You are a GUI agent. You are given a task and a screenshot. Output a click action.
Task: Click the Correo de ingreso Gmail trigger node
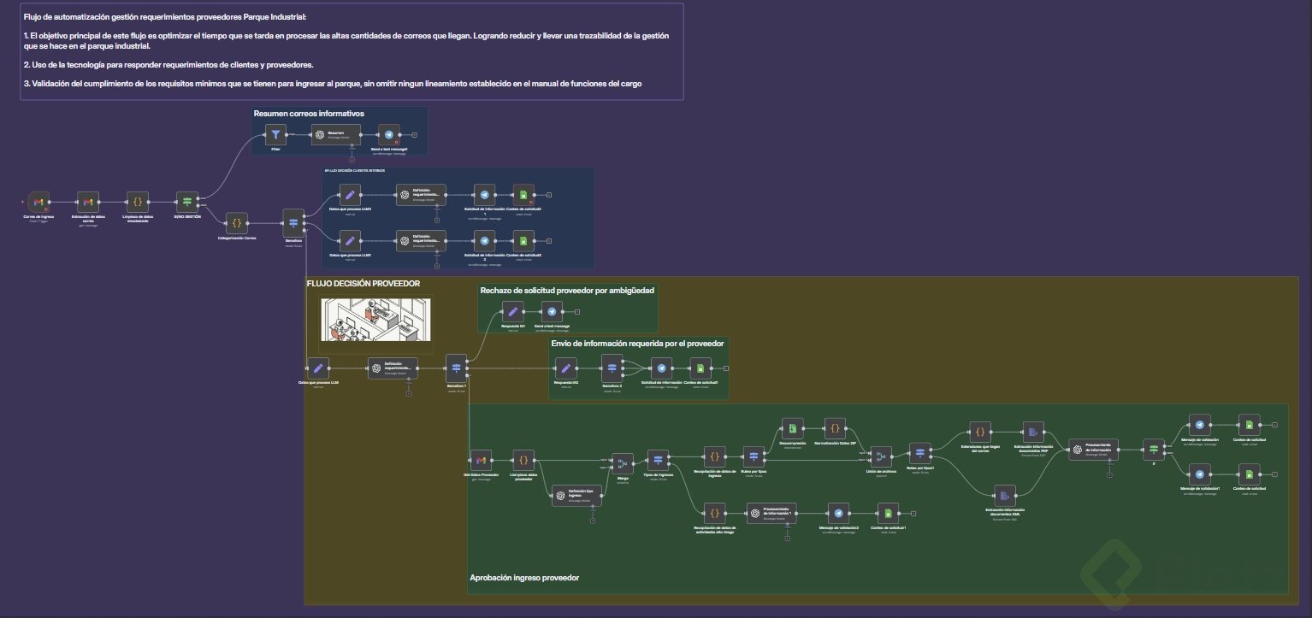[x=38, y=203]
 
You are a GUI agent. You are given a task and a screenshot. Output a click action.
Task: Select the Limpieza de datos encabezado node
[x=137, y=203]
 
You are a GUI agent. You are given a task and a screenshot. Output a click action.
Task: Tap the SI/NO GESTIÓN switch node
[x=187, y=203]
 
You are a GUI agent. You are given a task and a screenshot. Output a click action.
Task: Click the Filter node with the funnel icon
[x=275, y=134]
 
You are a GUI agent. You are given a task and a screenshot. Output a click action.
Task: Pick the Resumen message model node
[x=335, y=134]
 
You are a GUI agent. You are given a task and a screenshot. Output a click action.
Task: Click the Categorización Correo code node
[x=237, y=222]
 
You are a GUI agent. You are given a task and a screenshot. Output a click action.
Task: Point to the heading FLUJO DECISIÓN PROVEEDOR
[x=363, y=283]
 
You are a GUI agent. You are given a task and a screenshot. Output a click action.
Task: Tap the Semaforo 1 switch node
[x=456, y=368]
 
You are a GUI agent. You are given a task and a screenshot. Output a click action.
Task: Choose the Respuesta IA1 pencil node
[x=511, y=312]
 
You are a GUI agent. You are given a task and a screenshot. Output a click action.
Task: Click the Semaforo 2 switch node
[x=613, y=368]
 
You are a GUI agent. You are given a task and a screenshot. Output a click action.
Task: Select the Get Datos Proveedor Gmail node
[x=480, y=459]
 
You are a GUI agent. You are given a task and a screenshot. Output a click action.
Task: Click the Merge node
[x=623, y=463]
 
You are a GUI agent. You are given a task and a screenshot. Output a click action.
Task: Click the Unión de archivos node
[x=881, y=456]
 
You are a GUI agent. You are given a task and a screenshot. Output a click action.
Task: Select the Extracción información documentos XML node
[x=1004, y=495]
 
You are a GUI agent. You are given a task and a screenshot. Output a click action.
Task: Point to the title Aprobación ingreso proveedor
[x=524, y=578]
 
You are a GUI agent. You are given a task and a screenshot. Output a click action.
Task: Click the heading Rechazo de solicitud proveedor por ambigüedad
[x=567, y=291]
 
